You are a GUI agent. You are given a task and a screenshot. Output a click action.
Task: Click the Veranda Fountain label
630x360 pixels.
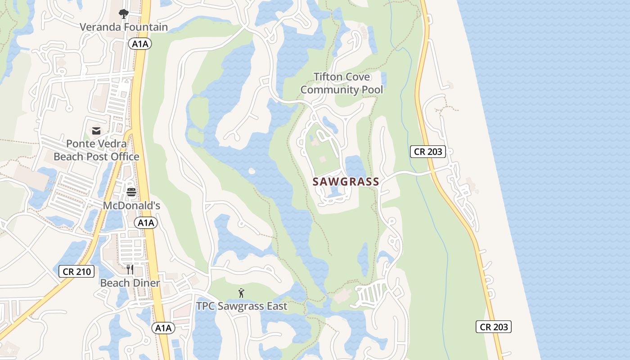[x=124, y=27]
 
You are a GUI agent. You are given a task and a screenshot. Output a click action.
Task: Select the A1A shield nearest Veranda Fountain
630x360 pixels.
[x=140, y=44]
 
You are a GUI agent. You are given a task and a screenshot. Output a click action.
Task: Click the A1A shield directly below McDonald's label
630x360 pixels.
[x=145, y=222]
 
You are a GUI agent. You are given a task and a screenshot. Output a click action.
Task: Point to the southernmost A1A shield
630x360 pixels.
[x=163, y=328]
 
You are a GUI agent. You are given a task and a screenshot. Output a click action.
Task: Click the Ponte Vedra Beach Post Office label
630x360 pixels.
[x=96, y=150]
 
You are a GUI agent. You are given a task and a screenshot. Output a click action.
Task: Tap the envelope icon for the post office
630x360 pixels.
[x=96, y=131]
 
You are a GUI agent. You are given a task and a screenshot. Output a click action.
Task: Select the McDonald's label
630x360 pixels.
[x=131, y=206]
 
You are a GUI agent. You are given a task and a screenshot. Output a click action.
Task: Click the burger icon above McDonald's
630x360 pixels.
[x=131, y=193]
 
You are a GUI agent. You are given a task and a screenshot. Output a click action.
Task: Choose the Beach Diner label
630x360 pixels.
[x=130, y=283]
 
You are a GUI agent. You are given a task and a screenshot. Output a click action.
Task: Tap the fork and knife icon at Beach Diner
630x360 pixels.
[x=130, y=270]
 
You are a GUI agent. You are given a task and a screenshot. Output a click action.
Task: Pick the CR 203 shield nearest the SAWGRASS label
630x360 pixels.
[x=428, y=152]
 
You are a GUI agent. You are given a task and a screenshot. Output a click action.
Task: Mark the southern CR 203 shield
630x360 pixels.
[x=494, y=327]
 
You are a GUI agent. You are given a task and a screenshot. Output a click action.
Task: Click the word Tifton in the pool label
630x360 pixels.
[x=328, y=77]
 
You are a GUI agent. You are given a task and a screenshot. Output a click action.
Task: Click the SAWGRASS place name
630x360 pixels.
[x=346, y=182]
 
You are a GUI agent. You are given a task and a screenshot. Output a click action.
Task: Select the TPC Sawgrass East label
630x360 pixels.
[x=242, y=306]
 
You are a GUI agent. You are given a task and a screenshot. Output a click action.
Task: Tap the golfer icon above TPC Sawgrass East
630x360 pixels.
[x=242, y=293]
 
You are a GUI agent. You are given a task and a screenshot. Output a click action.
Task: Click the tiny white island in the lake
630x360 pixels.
[x=251, y=171]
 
